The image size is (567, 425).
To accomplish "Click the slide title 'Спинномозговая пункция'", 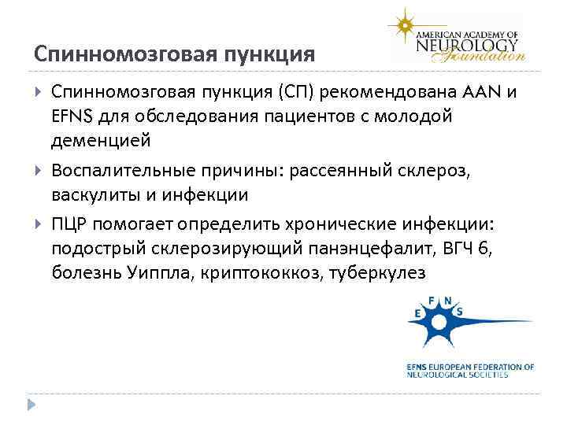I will (x=175, y=54).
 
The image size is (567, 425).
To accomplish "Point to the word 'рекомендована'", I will (x=391, y=93).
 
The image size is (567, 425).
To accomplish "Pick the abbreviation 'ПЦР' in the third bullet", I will (x=72, y=224).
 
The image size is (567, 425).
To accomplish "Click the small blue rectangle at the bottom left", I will (x=32, y=406).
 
